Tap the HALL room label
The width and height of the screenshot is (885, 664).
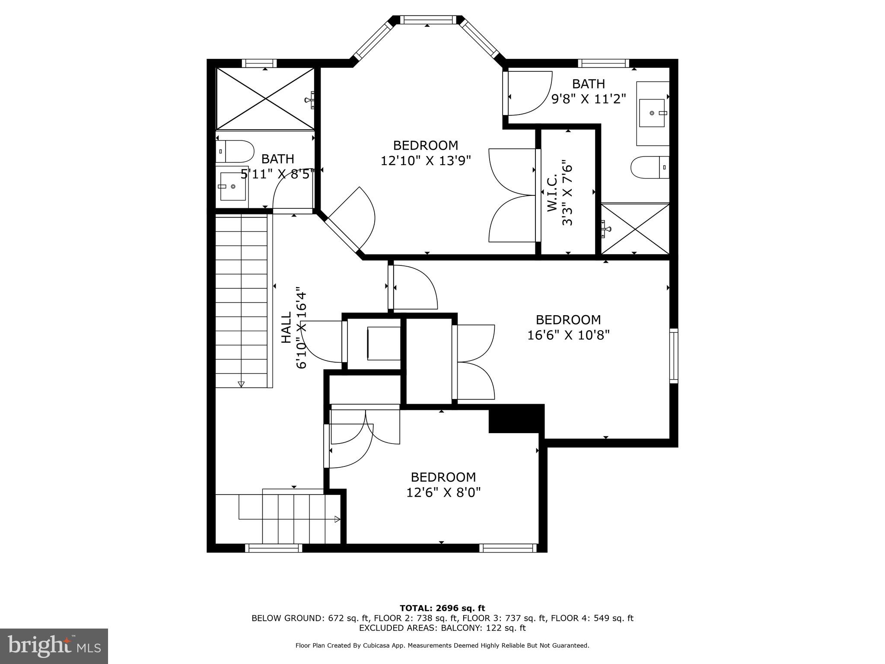[x=287, y=328]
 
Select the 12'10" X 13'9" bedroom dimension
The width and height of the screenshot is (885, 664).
[x=426, y=161]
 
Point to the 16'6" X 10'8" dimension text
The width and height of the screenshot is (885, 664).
[x=568, y=335]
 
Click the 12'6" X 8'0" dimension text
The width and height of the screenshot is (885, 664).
[x=443, y=492]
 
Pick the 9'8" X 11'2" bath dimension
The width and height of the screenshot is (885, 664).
[x=589, y=99]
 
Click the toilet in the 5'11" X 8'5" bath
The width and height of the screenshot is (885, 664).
[x=235, y=151]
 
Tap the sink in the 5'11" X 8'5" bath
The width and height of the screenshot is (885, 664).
[x=233, y=186]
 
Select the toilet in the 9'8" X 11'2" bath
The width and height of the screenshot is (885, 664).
[x=650, y=167]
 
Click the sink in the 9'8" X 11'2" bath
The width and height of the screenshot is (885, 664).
[x=652, y=113]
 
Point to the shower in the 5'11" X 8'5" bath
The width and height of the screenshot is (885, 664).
[x=265, y=99]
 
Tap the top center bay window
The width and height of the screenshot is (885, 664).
[x=427, y=19]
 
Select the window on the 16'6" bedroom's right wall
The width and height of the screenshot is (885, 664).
[x=674, y=356]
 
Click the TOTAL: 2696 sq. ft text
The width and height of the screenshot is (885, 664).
[x=442, y=609]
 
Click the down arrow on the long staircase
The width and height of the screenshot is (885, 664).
[x=241, y=384]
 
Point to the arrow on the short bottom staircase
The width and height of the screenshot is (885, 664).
[x=337, y=519]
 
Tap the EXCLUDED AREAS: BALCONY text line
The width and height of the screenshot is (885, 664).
[x=442, y=628]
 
